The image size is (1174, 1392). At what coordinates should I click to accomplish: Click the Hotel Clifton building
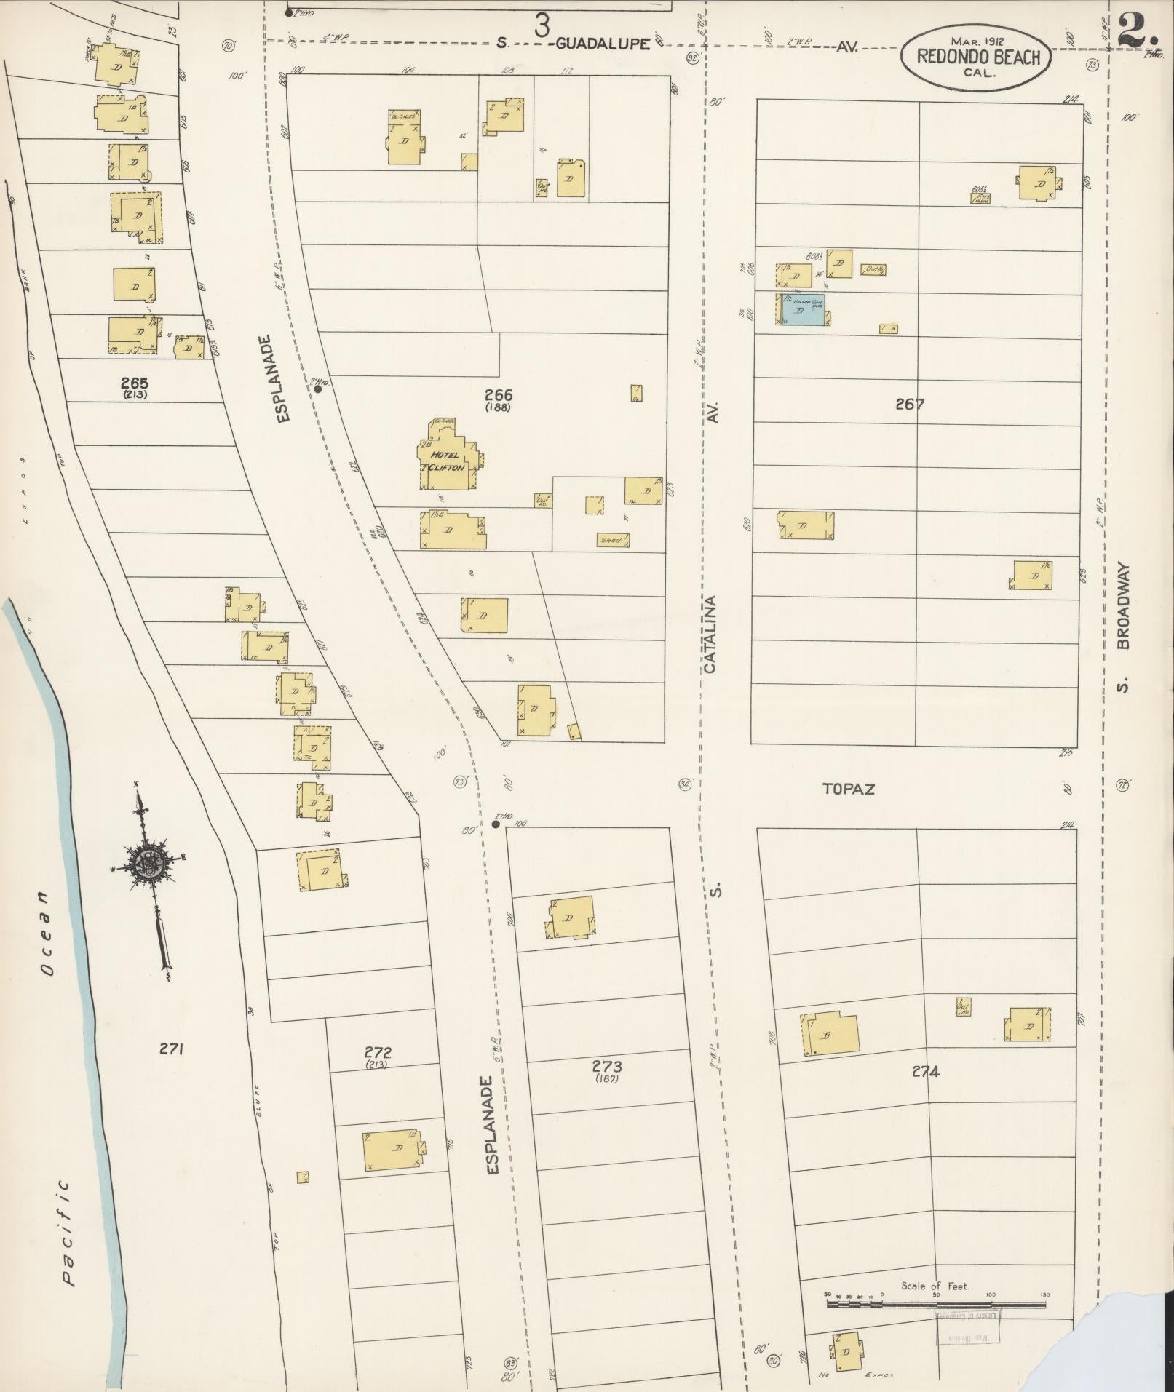click(447, 459)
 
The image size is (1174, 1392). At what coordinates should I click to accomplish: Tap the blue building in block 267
click(803, 311)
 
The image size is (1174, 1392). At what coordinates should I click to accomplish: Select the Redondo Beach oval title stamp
click(977, 57)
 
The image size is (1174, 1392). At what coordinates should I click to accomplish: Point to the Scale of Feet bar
click(936, 1304)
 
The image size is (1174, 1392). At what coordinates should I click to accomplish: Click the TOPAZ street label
click(848, 788)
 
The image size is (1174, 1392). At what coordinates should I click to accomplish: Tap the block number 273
click(606, 1067)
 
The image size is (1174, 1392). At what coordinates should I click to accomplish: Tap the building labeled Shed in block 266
click(612, 540)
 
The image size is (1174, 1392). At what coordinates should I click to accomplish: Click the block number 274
click(924, 1071)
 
